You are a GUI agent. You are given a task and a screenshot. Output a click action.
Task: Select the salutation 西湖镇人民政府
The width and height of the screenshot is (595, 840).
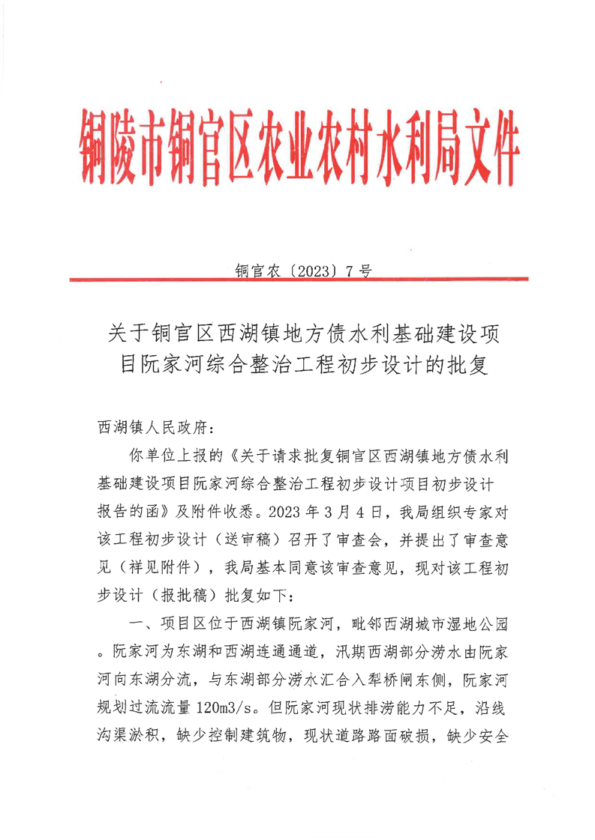pos(151,428)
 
